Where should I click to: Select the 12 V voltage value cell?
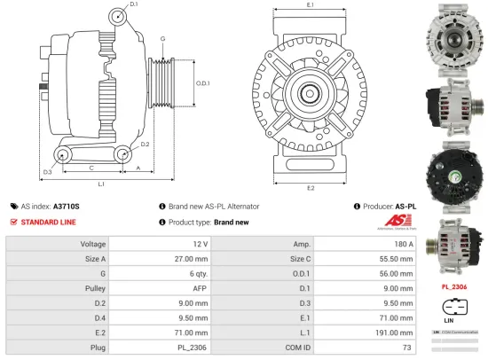[199, 243]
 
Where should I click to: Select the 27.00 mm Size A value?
[193, 259]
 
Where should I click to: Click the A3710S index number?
[67, 205]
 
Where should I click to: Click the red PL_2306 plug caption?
[454, 286]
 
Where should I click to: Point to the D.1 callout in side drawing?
[133, 5]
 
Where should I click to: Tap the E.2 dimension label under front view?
[311, 188]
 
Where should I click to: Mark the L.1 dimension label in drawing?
[102, 184]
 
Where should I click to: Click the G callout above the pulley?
[163, 39]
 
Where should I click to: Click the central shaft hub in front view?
[311, 90]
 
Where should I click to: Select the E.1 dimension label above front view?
[311, 5]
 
